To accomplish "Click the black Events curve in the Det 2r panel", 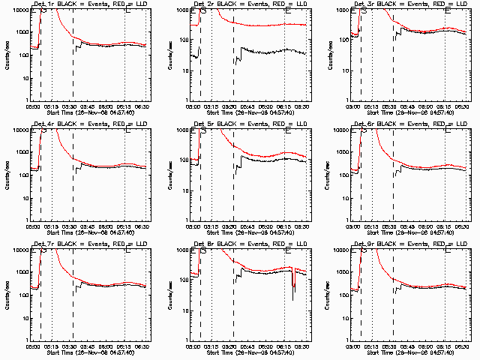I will [262, 52].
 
